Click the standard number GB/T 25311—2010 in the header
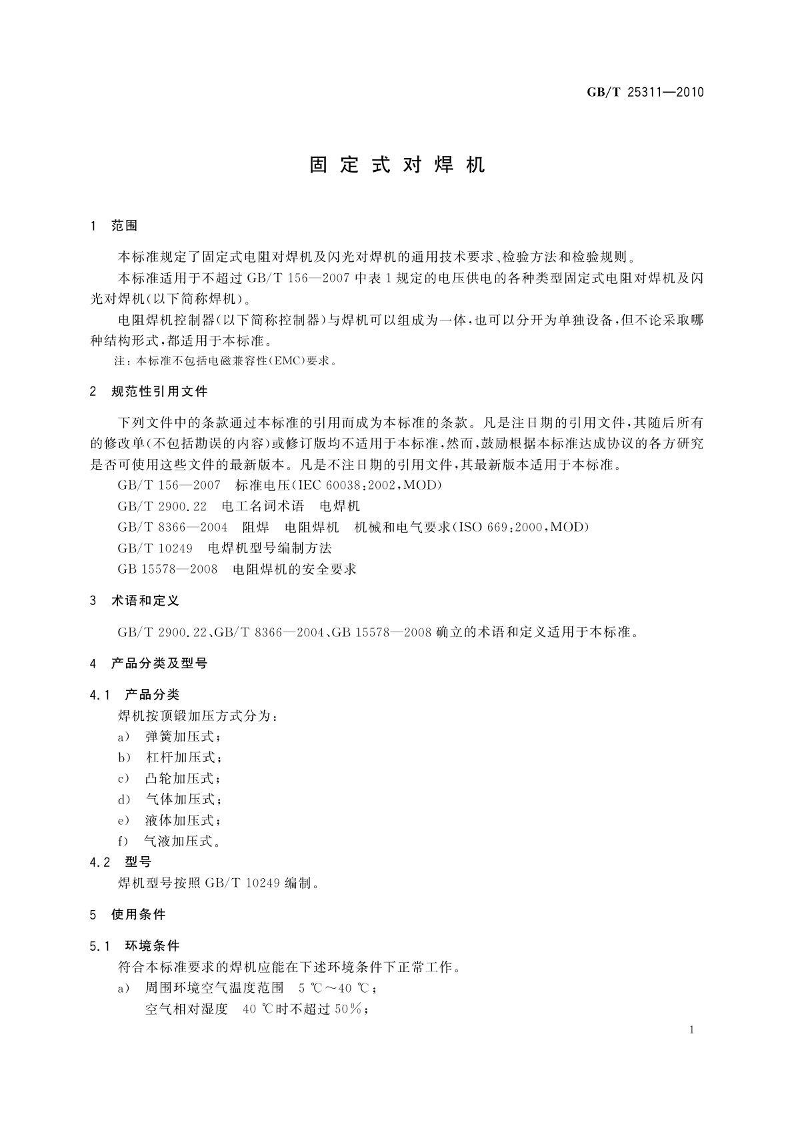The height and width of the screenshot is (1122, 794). click(x=645, y=93)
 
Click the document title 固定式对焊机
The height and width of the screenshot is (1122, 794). click(x=397, y=165)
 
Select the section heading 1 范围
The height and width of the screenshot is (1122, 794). click(x=113, y=226)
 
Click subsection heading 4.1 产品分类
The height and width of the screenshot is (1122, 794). click(x=135, y=695)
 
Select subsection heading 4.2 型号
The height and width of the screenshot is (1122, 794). click(x=121, y=862)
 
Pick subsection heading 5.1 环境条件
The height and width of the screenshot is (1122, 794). click(x=135, y=946)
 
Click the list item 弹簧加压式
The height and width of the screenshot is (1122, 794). click(x=181, y=737)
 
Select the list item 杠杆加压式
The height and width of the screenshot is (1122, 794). click(x=181, y=758)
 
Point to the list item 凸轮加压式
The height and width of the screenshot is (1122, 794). click(x=181, y=778)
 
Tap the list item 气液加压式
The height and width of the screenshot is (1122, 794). click(x=181, y=841)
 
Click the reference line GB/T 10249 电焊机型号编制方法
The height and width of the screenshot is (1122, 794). click(x=225, y=548)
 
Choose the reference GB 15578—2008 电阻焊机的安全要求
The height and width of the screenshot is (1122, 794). click(x=237, y=569)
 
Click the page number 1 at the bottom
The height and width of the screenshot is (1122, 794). click(x=692, y=1030)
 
